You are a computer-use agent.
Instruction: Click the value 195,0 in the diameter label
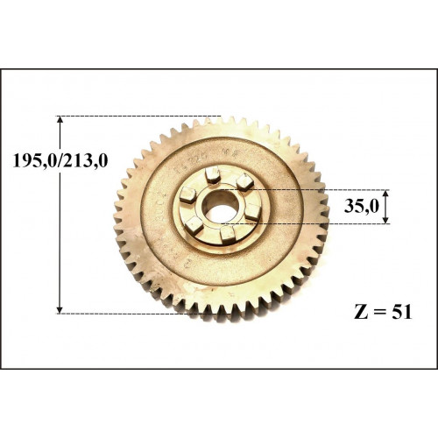[35, 161]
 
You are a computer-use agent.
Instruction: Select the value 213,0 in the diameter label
[86, 161]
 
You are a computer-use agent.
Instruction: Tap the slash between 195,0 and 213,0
[60, 161]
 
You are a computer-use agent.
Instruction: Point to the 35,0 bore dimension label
[361, 206]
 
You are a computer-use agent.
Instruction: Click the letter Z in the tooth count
[361, 312]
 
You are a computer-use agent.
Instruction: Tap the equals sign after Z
[379, 312]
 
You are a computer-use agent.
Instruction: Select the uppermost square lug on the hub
[212, 174]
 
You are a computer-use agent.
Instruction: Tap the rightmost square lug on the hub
[253, 212]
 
